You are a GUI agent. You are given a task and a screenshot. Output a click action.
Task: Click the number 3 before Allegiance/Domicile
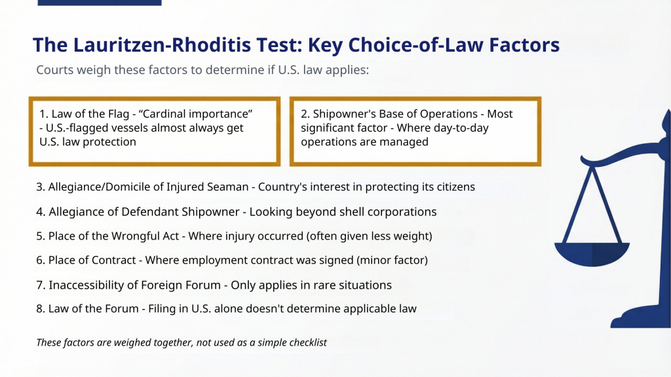40,187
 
